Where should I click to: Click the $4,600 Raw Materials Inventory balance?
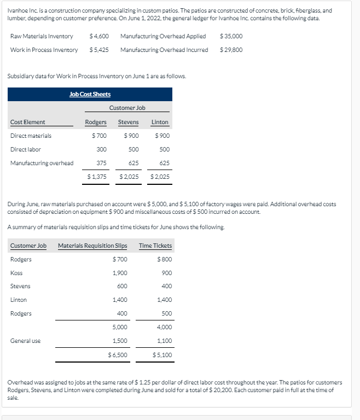99,36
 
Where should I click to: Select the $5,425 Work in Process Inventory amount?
99,50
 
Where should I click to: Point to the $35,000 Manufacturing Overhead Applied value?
230,36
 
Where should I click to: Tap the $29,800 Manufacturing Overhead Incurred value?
230,50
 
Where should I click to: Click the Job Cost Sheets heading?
90,94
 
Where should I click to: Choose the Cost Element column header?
28,122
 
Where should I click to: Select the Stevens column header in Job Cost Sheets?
129,122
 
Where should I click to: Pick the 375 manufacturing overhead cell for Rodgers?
101,163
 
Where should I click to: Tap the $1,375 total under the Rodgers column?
97,177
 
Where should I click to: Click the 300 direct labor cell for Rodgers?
101,149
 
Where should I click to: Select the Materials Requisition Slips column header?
92,246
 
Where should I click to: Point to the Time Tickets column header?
155,246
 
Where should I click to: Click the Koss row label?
16,273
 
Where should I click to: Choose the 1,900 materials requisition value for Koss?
119,273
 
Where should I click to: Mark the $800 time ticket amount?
164,259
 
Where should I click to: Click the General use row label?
26,341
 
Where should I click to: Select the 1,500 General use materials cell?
119,341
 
